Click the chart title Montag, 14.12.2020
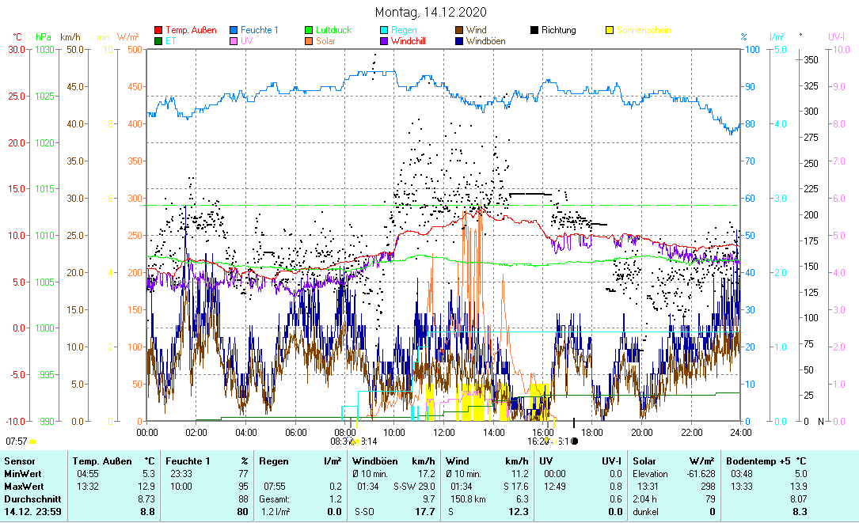431,12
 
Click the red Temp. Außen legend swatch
158,31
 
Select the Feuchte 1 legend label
259,30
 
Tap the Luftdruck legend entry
333,30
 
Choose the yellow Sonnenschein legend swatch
610,31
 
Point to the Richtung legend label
558,30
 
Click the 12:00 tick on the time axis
444,432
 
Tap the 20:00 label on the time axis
642,432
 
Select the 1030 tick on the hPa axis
44,49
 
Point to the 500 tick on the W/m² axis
135,49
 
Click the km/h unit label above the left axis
70,37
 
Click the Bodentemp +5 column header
766,461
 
